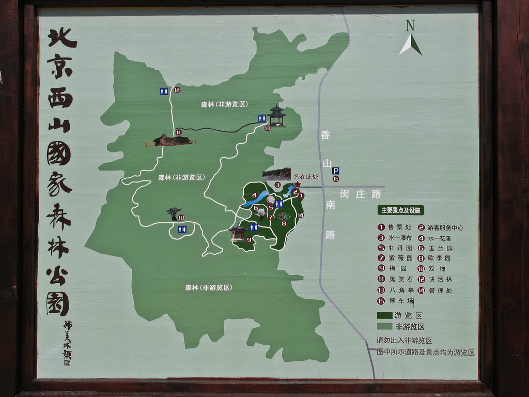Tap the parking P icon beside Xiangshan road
[x=335, y=171]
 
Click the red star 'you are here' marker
[x=298, y=184]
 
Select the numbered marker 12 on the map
[x=177, y=90]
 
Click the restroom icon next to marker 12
[x=164, y=91]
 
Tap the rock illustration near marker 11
[x=170, y=140]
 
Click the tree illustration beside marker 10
[x=174, y=212]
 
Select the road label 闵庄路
[x=361, y=194]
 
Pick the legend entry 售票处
[x=395, y=227]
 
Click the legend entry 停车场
[x=396, y=301]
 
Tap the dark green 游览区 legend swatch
[x=385, y=315]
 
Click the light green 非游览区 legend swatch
[x=385, y=326]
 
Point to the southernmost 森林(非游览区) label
[x=208, y=287]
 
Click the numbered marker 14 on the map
[x=300, y=215]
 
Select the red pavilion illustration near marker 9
[x=238, y=233]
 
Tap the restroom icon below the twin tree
[x=182, y=229]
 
